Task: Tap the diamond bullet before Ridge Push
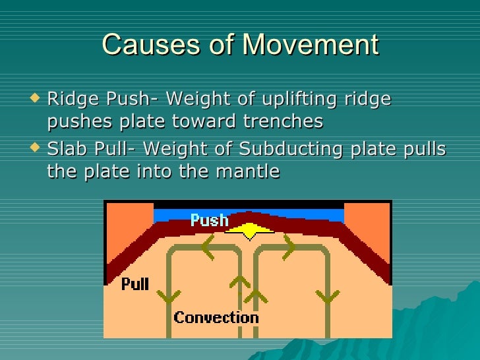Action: (36, 99)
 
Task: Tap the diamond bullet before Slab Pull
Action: (36, 149)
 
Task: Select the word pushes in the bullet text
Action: (77, 122)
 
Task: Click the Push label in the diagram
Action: (209, 220)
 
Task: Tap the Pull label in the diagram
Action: (135, 285)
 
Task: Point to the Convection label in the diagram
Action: (216, 318)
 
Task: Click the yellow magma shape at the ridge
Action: (249, 231)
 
